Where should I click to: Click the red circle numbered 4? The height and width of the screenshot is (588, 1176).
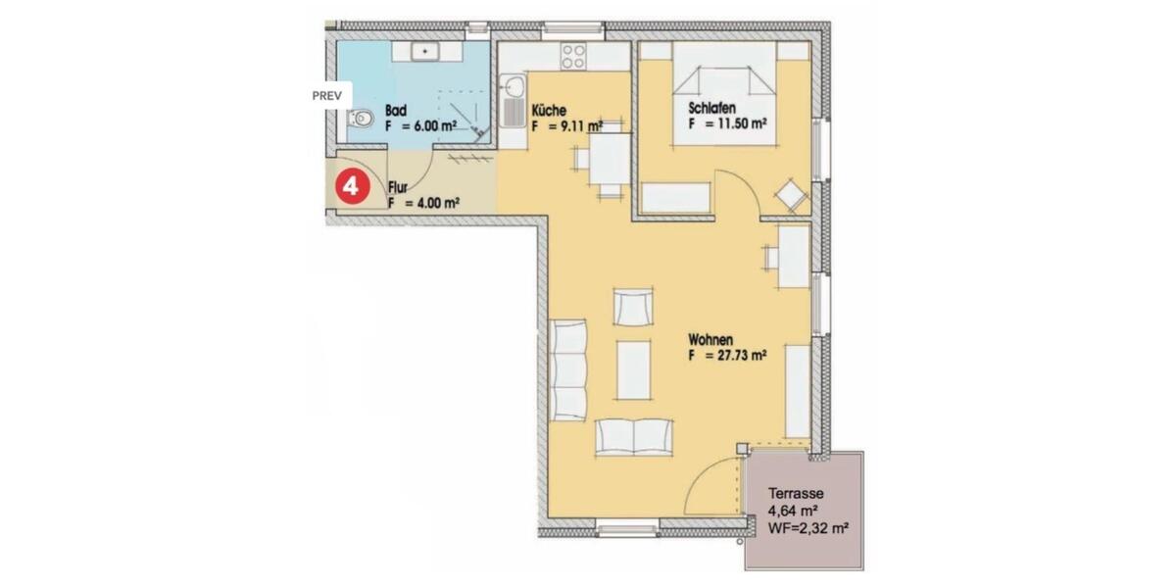click(352, 185)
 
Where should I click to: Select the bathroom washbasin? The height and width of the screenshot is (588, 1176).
click(426, 50)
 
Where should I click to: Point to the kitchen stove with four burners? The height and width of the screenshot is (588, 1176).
click(574, 57)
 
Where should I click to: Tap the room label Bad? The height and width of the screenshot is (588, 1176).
click(396, 111)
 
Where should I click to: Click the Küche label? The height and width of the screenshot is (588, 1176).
click(550, 111)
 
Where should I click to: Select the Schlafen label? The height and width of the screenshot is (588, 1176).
click(712, 109)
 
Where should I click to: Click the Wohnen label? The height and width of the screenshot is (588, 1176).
click(712, 341)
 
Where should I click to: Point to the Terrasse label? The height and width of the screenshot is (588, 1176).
click(796, 494)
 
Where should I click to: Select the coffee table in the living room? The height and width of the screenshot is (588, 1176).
click(634, 368)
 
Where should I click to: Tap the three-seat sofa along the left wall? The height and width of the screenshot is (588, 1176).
click(568, 369)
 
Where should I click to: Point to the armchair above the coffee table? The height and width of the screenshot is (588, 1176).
click(632, 307)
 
